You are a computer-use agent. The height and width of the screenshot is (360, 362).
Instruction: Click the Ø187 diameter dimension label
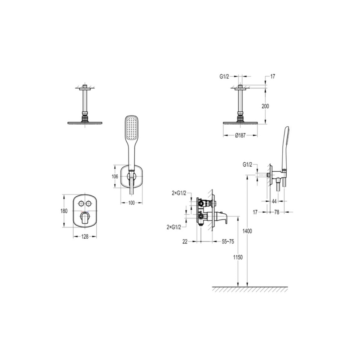240,135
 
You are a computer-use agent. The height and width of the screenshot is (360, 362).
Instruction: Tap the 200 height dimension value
265,106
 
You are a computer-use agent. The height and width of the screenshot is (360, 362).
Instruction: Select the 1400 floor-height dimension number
247,231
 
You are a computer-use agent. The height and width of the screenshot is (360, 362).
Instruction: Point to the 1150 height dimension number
238,257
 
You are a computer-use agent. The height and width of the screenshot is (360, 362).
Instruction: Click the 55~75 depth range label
228,242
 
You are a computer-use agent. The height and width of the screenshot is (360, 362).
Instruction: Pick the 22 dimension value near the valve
185,242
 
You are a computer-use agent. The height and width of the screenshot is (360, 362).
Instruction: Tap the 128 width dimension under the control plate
85,236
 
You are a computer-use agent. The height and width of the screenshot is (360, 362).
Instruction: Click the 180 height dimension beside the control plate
64,211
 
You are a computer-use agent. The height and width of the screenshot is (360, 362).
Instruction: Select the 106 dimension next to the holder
114,176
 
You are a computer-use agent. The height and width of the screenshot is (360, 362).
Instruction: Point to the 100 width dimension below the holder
131,203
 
